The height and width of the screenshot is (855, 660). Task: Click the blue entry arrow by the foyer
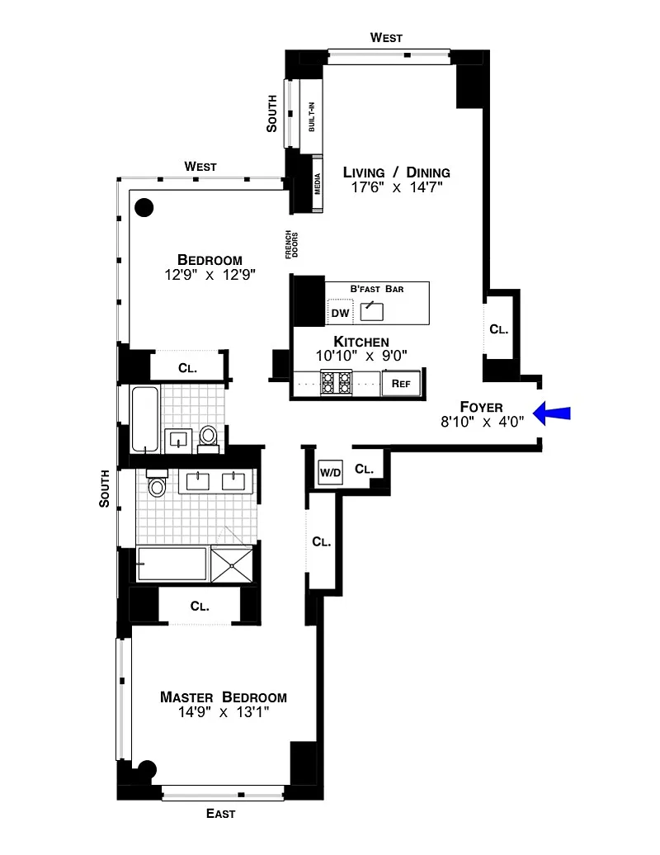coord(552,413)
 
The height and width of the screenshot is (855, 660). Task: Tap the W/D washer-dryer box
coord(330,472)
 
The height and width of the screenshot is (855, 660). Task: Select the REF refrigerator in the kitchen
coord(401,383)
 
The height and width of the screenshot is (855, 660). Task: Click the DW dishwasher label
coord(340,313)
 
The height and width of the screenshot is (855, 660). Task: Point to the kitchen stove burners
coord(336,381)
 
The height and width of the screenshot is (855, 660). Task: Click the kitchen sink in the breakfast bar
coord(372,311)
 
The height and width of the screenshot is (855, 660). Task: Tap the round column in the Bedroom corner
coord(144,207)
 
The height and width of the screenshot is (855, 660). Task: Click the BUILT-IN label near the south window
coord(312,116)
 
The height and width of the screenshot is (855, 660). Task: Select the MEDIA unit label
coord(317,184)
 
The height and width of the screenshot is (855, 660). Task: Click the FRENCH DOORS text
coord(291,244)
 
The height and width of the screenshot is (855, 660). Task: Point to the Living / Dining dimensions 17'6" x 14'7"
coord(396,187)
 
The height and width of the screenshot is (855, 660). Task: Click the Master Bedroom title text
coord(224,697)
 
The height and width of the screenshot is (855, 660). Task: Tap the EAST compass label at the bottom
coord(221,814)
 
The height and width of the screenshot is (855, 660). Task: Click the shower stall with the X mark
coord(232,564)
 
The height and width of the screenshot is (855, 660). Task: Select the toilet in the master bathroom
coord(157,482)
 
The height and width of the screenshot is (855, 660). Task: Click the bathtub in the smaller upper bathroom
coord(145,418)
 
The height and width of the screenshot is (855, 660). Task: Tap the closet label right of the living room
coord(498,329)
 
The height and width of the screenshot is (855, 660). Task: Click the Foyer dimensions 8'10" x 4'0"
coord(483,422)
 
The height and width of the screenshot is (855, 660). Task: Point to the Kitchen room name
coord(361,342)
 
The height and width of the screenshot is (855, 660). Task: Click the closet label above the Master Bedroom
coord(200,607)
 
